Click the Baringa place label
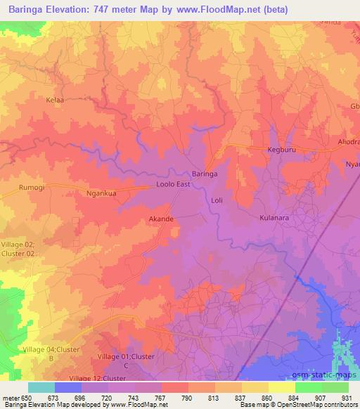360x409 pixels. [205, 173]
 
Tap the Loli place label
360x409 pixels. [217, 201]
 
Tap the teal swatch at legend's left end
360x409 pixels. [41, 387]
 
